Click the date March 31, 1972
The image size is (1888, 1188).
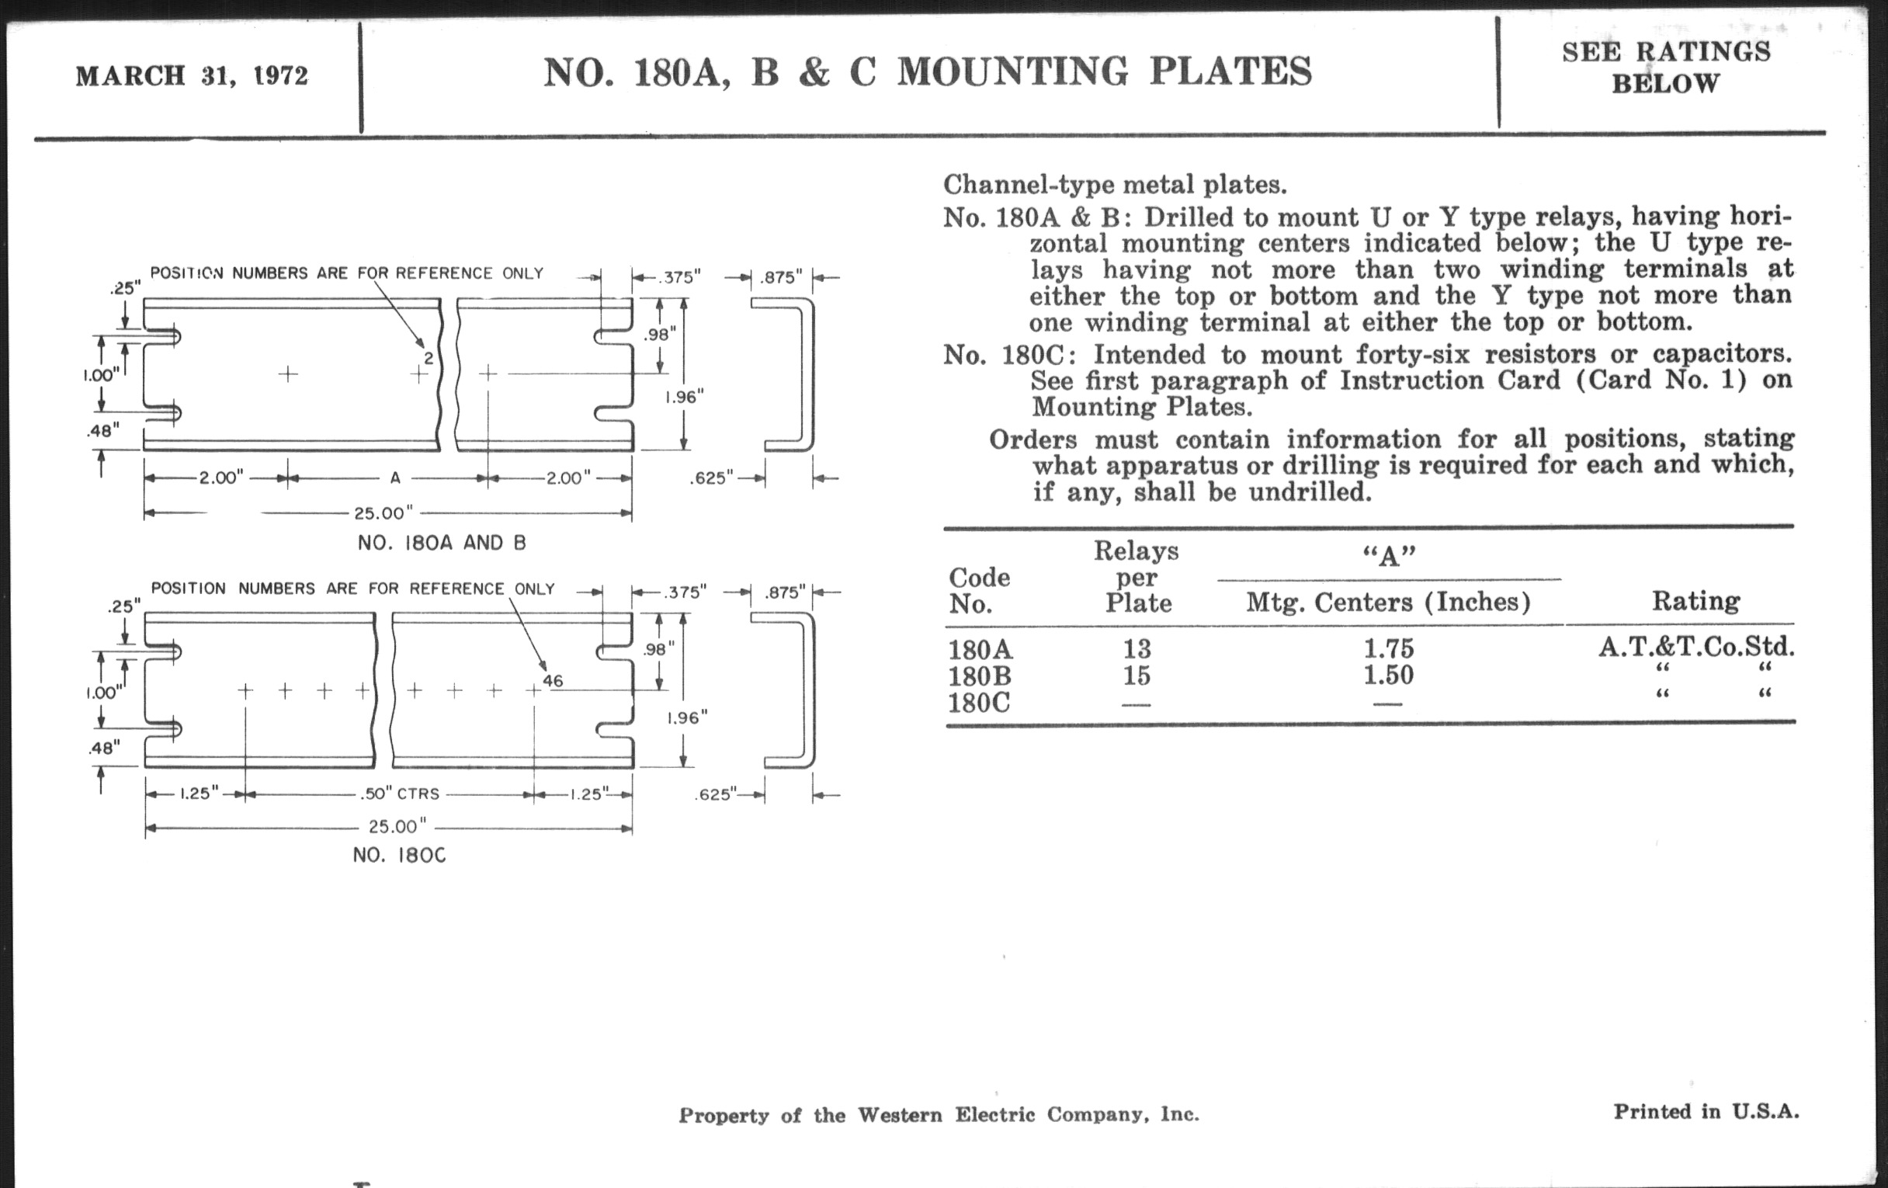(192, 76)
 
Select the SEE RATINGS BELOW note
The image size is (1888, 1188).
(1665, 68)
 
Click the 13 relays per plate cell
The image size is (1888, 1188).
(1137, 648)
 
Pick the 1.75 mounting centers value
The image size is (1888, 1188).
(1389, 648)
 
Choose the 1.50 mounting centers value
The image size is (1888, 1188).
(1389, 676)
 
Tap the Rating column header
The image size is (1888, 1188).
(1696, 602)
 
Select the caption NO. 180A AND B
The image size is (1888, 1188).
(442, 543)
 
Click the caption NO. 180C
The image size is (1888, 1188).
(399, 855)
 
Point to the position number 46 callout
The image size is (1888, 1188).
(553, 681)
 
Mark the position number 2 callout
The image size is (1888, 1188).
(429, 359)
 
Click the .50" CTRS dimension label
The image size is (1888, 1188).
(400, 794)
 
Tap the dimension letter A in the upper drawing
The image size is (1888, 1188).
(395, 478)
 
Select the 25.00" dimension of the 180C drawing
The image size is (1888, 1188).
(397, 826)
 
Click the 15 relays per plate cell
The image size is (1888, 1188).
(1137, 676)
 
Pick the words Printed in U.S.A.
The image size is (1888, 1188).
(1706, 1111)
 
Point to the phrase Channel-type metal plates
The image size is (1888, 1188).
(1115, 185)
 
